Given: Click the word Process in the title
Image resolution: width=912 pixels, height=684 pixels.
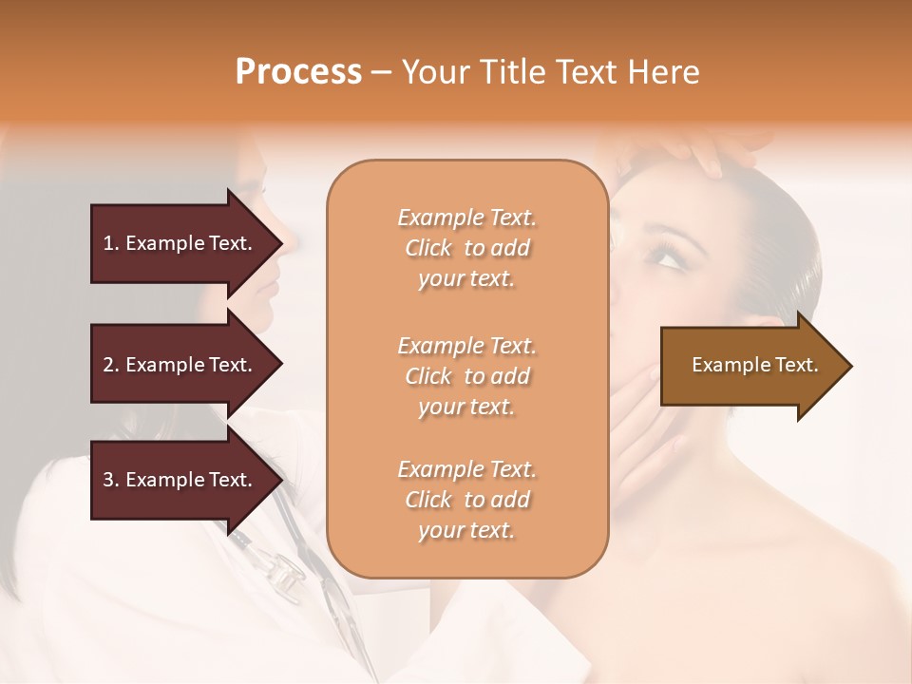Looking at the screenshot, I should (x=298, y=72).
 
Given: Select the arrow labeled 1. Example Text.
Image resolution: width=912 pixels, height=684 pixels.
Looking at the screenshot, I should (x=180, y=243).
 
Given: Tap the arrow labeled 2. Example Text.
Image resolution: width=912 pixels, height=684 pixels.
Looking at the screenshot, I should (x=180, y=365).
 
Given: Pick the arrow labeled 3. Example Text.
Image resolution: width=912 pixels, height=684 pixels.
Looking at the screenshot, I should (x=180, y=480).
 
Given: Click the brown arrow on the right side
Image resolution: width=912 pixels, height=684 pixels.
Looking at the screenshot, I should (x=750, y=366).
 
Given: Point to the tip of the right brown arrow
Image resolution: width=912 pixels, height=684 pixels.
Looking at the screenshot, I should (x=850, y=366).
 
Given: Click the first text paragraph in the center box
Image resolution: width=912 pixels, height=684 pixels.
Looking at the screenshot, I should (x=466, y=248).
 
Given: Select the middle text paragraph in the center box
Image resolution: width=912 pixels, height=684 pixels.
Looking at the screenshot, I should (x=466, y=376).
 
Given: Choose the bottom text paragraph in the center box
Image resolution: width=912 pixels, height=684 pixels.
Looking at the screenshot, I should (x=466, y=500).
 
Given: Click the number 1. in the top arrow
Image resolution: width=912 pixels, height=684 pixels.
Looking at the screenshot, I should (x=111, y=243).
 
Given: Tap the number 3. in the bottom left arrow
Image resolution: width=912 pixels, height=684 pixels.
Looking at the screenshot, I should (x=111, y=480).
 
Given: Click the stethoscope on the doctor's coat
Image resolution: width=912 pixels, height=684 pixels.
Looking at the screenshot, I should (x=285, y=570).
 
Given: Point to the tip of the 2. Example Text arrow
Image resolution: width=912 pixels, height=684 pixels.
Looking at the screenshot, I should (x=281, y=365).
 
